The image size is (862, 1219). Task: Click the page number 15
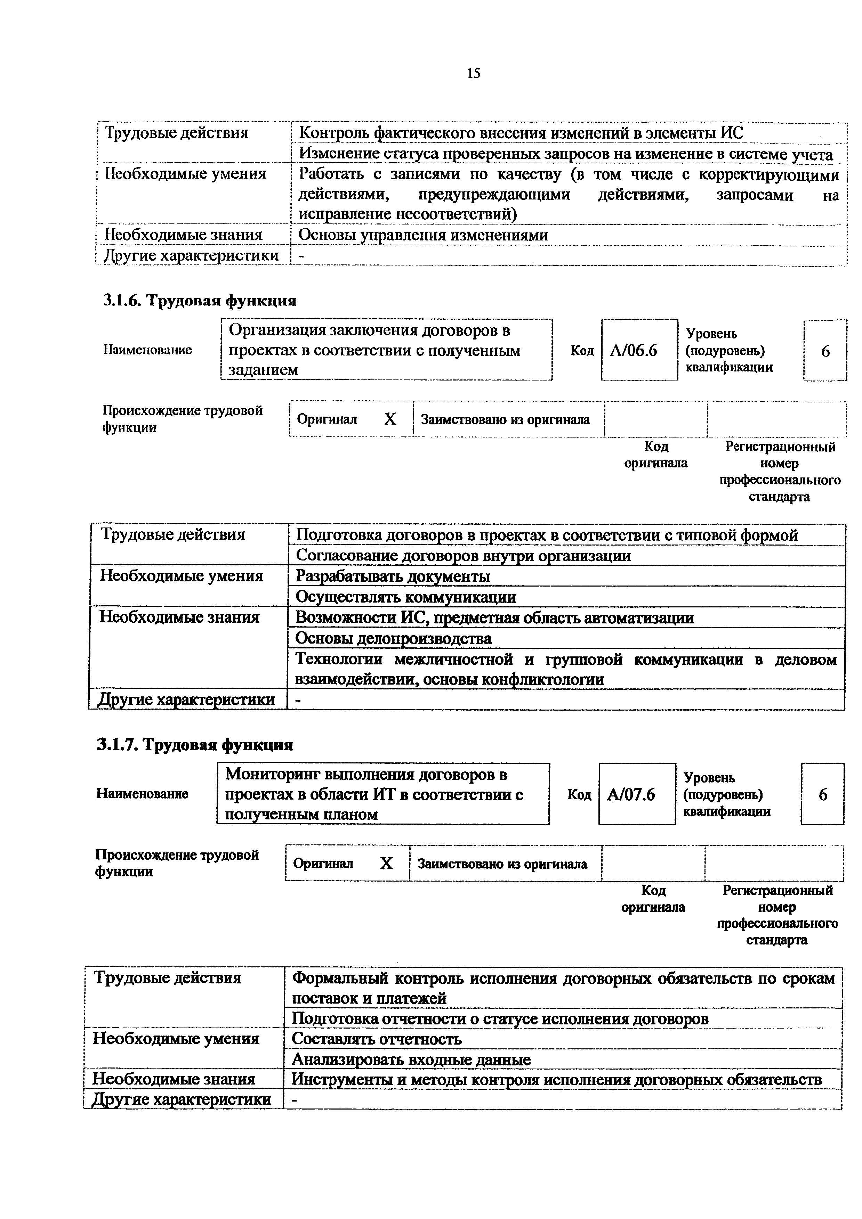click(473, 73)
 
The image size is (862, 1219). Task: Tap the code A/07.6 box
click(636, 794)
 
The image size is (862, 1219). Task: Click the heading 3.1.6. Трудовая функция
click(199, 301)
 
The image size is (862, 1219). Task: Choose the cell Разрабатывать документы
click(393, 576)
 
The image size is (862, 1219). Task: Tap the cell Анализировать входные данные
click(411, 1060)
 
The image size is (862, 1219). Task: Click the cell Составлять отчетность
click(377, 1039)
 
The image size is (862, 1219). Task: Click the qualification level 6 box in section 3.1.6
click(825, 350)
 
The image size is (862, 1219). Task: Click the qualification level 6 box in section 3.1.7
click(822, 794)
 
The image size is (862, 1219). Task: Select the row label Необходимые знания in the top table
click(183, 235)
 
